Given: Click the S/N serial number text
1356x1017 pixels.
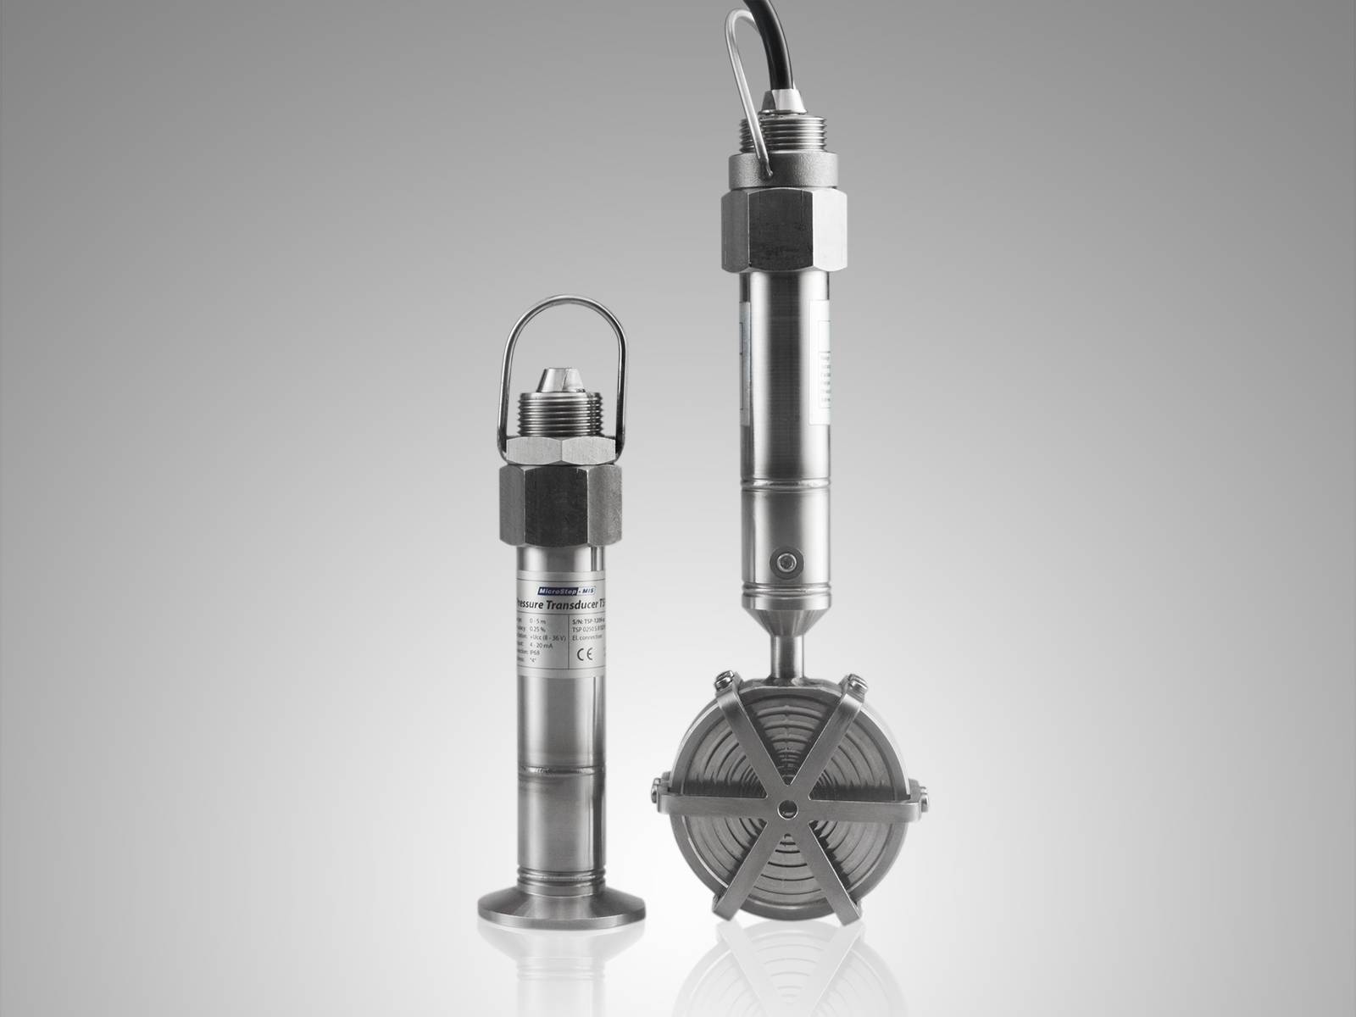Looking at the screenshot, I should [x=589, y=620].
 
